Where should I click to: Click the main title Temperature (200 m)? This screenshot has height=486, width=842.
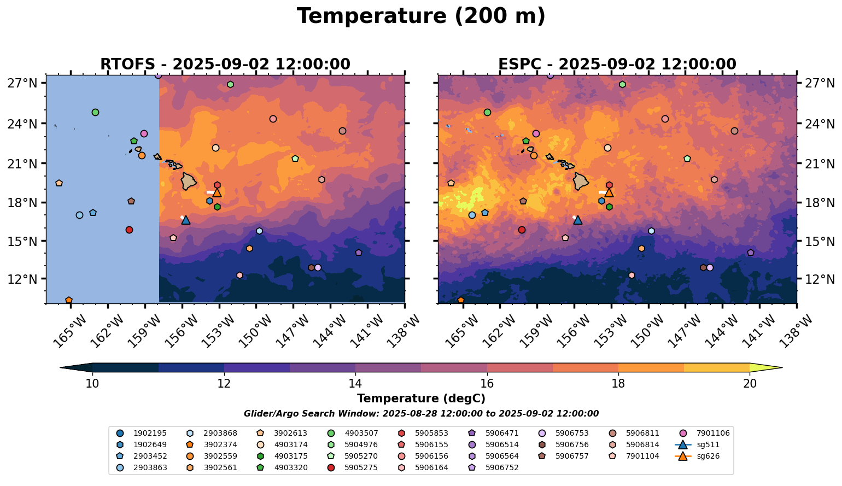coord(421,16)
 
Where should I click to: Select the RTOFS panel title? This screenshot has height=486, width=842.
coord(225,64)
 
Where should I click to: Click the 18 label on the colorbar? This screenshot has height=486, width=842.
coord(618,383)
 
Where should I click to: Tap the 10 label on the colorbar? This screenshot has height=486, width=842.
coord(92,383)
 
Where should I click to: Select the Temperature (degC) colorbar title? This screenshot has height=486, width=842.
coord(421,399)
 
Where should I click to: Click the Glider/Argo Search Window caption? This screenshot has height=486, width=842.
coord(421,414)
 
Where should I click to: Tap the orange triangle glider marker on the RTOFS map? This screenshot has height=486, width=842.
coord(217,192)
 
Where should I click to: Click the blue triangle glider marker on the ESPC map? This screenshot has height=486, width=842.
coord(578,220)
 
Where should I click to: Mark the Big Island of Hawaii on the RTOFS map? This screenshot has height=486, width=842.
coord(189,181)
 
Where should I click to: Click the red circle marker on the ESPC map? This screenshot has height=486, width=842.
coord(522,230)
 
